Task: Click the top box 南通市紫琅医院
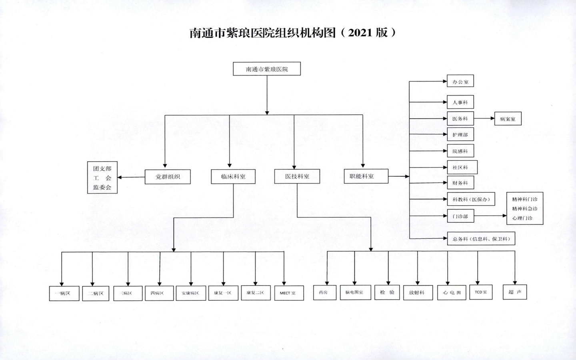pos(267,69)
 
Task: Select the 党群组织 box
pos(168,177)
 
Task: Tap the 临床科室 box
pos(233,176)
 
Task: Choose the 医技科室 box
pos(297,176)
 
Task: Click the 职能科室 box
pos(366,176)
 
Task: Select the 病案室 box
pos(508,118)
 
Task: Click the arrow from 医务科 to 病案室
pos(484,118)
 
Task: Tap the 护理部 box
pos(460,134)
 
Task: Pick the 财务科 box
pos(460,182)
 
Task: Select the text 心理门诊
pos(522,218)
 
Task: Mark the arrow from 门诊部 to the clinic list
pos(490,216)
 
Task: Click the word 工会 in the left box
pos(102,178)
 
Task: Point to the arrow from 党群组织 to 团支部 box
pos(131,177)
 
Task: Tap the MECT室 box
pos(289,293)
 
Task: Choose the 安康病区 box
pos(191,293)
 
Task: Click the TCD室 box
pos(481,292)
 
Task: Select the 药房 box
pos(325,292)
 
